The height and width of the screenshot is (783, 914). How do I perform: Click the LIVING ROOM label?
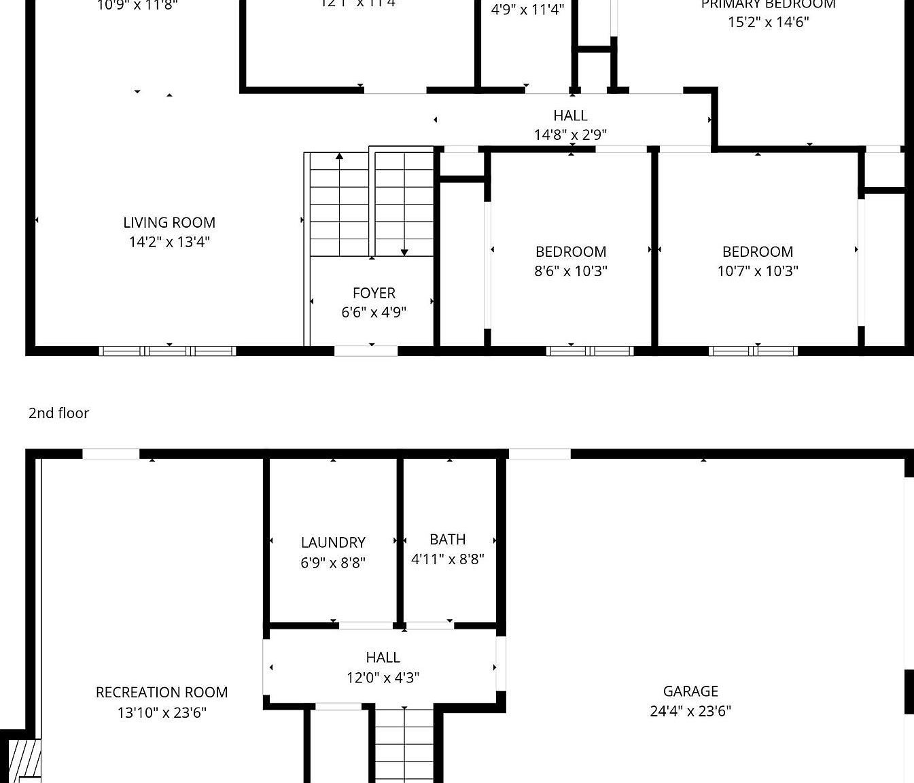[x=169, y=222]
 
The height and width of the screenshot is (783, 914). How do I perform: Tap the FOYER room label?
[x=374, y=293]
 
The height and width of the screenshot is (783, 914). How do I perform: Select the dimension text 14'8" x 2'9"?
[x=570, y=135]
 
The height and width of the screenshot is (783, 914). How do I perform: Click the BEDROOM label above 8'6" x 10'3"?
[x=571, y=251]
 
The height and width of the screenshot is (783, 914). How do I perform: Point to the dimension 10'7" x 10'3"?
[x=758, y=271]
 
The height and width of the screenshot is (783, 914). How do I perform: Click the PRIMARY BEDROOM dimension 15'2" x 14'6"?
[x=768, y=22]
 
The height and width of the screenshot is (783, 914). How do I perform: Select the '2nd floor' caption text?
[x=58, y=413]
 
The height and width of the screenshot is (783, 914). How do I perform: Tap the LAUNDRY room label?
[x=333, y=542]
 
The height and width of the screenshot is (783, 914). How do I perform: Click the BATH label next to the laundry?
[x=448, y=539]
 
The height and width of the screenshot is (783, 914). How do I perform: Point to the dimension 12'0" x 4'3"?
[x=383, y=677]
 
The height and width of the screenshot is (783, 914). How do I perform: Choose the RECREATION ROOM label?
[x=162, y=692]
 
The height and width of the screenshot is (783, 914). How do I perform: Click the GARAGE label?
[x=690, y=691]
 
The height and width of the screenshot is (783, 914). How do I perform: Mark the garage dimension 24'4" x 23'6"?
[x=690, y=710]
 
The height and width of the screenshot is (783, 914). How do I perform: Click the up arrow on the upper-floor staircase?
[x=339, y=157]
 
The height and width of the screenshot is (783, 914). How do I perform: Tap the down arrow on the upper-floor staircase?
[x=404, y=252]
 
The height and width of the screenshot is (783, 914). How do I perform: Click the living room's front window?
[x=167, y=351]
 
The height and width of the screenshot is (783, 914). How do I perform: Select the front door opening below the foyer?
[x=366, y=351]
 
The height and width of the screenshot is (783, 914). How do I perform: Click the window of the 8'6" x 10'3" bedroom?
[x=590, y=351]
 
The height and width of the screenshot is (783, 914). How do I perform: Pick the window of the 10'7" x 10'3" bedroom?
[x=753, y=351]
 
